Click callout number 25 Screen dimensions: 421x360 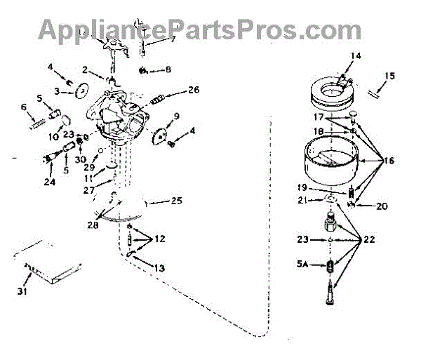[x=176, y=201]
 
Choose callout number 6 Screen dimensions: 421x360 [x=23, y=107]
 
